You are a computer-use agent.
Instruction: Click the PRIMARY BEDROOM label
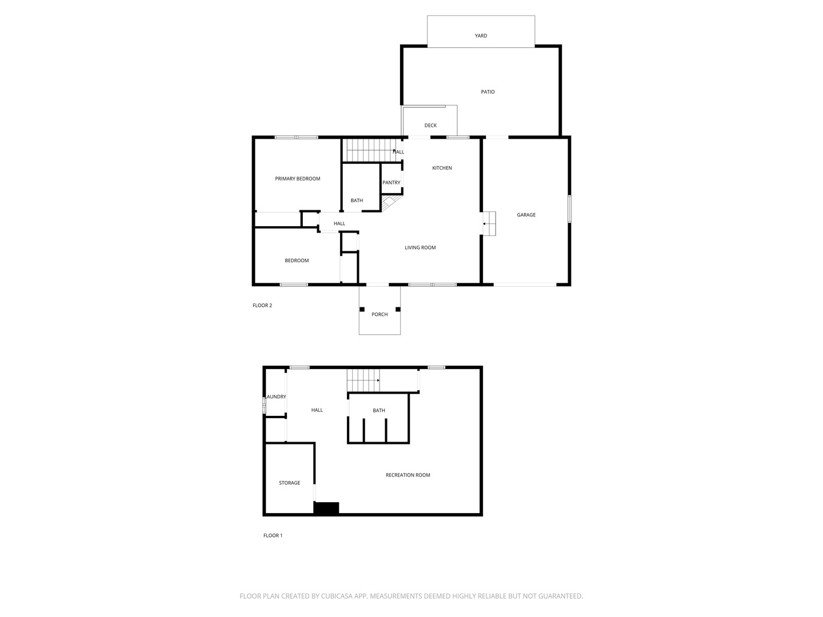297,179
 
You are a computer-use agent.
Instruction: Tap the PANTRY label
391,183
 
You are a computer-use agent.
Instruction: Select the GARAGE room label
526,215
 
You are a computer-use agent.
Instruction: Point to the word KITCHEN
442,168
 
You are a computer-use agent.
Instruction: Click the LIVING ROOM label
420,247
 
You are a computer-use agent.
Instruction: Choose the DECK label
430,126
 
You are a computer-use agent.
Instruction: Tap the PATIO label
488,92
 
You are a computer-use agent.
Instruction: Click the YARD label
481,35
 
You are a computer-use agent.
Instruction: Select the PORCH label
379,315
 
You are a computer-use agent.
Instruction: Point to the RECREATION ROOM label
407,475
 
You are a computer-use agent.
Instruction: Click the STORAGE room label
289,483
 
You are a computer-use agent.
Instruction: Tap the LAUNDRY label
276,397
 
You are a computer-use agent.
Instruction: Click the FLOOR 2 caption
262,306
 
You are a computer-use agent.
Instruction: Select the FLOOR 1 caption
273,536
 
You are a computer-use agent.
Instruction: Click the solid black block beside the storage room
326,508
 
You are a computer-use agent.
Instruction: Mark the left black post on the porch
362,310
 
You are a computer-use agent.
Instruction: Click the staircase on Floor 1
363,380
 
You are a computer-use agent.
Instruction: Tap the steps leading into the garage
489,223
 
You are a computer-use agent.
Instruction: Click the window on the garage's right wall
569,209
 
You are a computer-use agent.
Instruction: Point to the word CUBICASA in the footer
341,596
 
